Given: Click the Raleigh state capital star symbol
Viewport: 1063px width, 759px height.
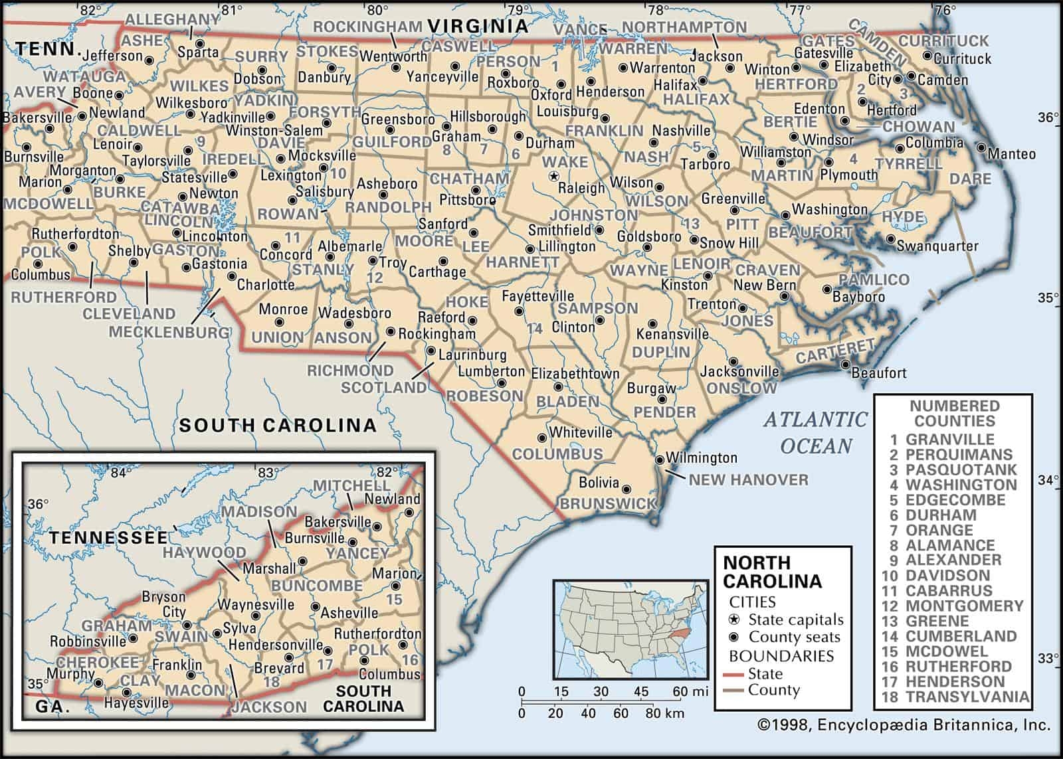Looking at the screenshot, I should point(553,176).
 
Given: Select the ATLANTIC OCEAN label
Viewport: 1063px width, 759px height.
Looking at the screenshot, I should point(816,432).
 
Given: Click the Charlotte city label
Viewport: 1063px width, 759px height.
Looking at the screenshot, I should point(266,285).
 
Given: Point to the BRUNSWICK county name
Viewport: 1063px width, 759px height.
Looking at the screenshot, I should point(608,504).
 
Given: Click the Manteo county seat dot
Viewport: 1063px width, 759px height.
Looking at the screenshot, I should point(981,147).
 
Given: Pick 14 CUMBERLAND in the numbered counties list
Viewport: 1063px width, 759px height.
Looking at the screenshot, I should point(953,635).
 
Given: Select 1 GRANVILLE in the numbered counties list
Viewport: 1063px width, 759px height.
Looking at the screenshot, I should point(942,439).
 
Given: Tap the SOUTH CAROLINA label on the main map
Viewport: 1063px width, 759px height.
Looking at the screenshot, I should point(278,425).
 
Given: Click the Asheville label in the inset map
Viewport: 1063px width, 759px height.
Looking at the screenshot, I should point(349,613).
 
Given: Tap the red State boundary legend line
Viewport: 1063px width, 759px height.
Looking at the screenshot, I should point(734,674).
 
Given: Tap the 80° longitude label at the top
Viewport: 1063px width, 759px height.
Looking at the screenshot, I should point(377,9).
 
